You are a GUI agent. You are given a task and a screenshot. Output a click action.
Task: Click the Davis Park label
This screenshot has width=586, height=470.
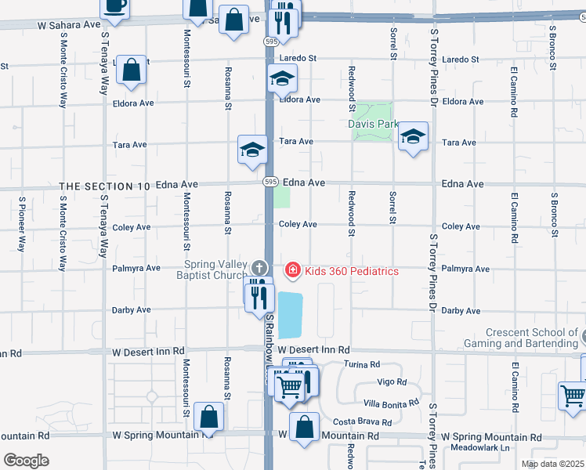click(373, 124)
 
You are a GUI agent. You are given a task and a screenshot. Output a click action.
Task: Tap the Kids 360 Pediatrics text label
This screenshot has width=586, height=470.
click(352, 271)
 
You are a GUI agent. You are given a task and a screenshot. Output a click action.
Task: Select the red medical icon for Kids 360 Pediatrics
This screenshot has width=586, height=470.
click(293, 271)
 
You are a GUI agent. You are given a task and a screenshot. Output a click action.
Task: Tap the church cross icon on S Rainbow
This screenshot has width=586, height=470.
click(259, 268)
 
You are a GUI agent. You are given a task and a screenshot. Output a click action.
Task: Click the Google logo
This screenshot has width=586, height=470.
click(26, 461)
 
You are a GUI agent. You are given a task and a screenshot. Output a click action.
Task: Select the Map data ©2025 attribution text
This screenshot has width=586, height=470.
click(552, 464)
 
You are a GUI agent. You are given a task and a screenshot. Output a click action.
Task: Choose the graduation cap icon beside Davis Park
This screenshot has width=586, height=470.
click(413, 138)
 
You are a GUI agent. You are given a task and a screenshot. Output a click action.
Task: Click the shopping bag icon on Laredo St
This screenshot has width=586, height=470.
click(132, 69)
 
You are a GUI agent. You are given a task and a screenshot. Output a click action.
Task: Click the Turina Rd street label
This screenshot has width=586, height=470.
click(362, 365)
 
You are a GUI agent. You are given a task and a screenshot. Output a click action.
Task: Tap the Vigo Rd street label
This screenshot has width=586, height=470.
click(392, 382)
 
